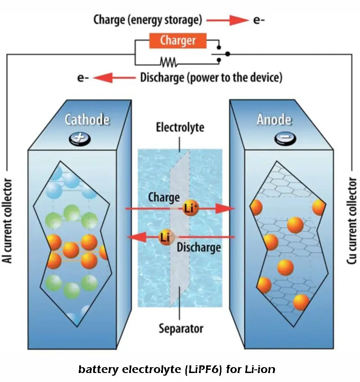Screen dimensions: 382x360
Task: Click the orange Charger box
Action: point(178,40)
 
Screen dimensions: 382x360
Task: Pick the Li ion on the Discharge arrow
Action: point(166,237)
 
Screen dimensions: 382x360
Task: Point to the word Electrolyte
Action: point(180,128)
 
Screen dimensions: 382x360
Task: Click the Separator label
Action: point(180,328)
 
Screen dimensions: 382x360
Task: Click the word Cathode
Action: point(87,120)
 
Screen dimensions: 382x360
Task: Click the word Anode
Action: point(274,120)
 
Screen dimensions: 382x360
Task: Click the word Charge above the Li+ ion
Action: point(164,197)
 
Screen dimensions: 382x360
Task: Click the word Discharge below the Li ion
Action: point(198,247)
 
